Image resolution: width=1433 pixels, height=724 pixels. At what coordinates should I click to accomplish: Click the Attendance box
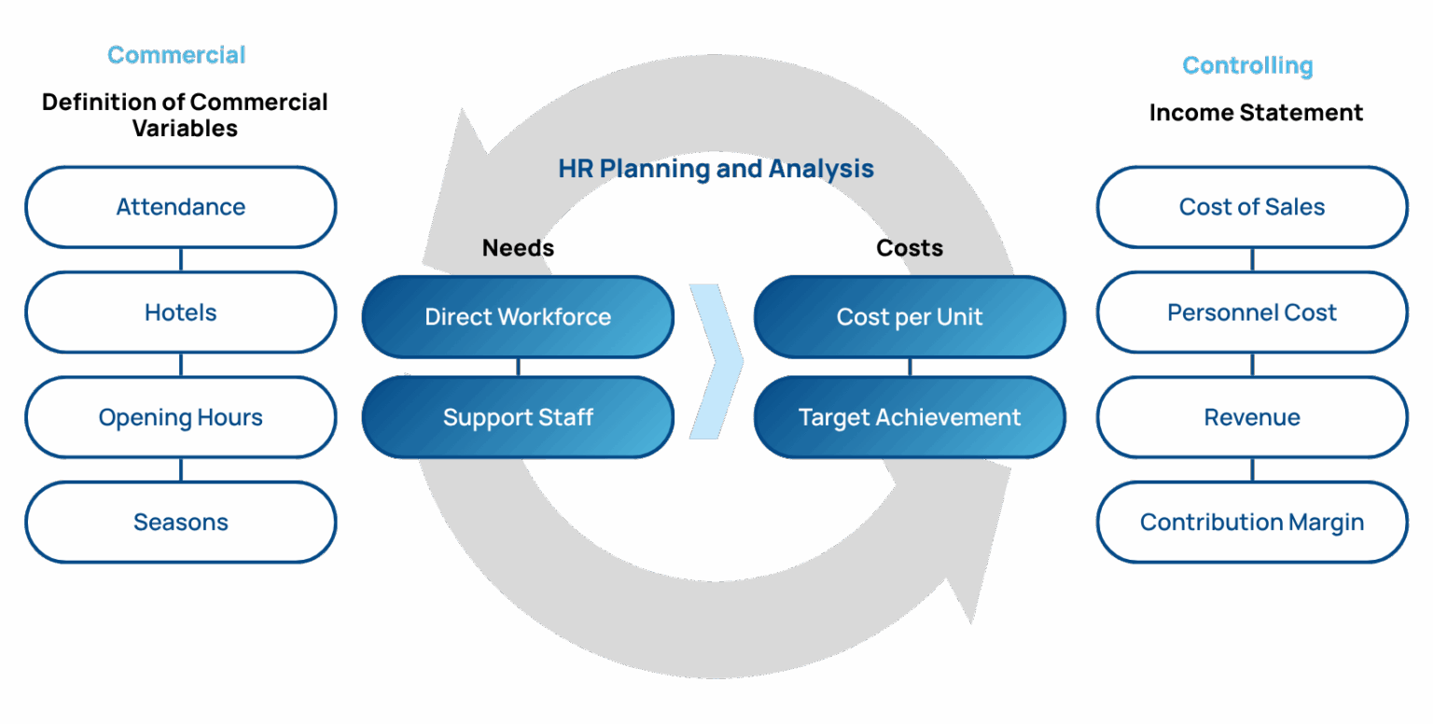click(x=181, y=207)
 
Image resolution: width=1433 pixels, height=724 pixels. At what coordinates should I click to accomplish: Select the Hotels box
click(x=181, y=313)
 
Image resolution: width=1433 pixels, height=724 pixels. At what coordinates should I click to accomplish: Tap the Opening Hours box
click(x=181, y=417)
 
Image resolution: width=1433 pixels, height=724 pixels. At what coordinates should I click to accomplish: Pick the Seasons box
click(x=181, y=522)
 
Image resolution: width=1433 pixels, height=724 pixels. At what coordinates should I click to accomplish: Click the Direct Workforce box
click(x=518, y=316)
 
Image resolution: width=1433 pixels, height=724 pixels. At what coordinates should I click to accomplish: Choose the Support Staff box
click(x=518, y=417)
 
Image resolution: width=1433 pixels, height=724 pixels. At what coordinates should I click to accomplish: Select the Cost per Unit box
click(x=910, y=316)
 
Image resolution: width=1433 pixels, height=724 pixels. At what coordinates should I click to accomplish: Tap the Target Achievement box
click(x=910, y=417)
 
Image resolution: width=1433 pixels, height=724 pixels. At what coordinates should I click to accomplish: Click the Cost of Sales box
click(x=1252, y=207)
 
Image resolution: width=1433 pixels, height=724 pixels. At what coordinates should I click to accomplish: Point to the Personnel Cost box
click(x=1252, y=313)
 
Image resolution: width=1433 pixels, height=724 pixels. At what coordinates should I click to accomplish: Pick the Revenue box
click(x=1252, y=417)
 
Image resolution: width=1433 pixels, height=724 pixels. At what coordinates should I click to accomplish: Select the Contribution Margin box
click(x=1252, y=522)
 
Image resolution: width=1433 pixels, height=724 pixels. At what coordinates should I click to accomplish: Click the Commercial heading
click(x=176, y=55)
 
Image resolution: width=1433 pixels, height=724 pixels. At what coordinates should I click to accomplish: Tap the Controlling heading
click(x=1247, y=65)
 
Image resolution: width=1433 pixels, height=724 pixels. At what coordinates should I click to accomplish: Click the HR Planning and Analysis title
click(x=716, y=169)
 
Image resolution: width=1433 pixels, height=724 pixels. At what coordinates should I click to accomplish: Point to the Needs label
click(x=518, y=247)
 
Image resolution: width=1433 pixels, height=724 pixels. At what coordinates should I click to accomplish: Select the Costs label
click(x=910, y=247)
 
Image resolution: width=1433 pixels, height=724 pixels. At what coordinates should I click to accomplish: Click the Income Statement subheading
click(x=1256, y=113)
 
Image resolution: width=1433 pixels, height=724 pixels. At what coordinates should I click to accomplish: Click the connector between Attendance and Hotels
click(x=181, y=259)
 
